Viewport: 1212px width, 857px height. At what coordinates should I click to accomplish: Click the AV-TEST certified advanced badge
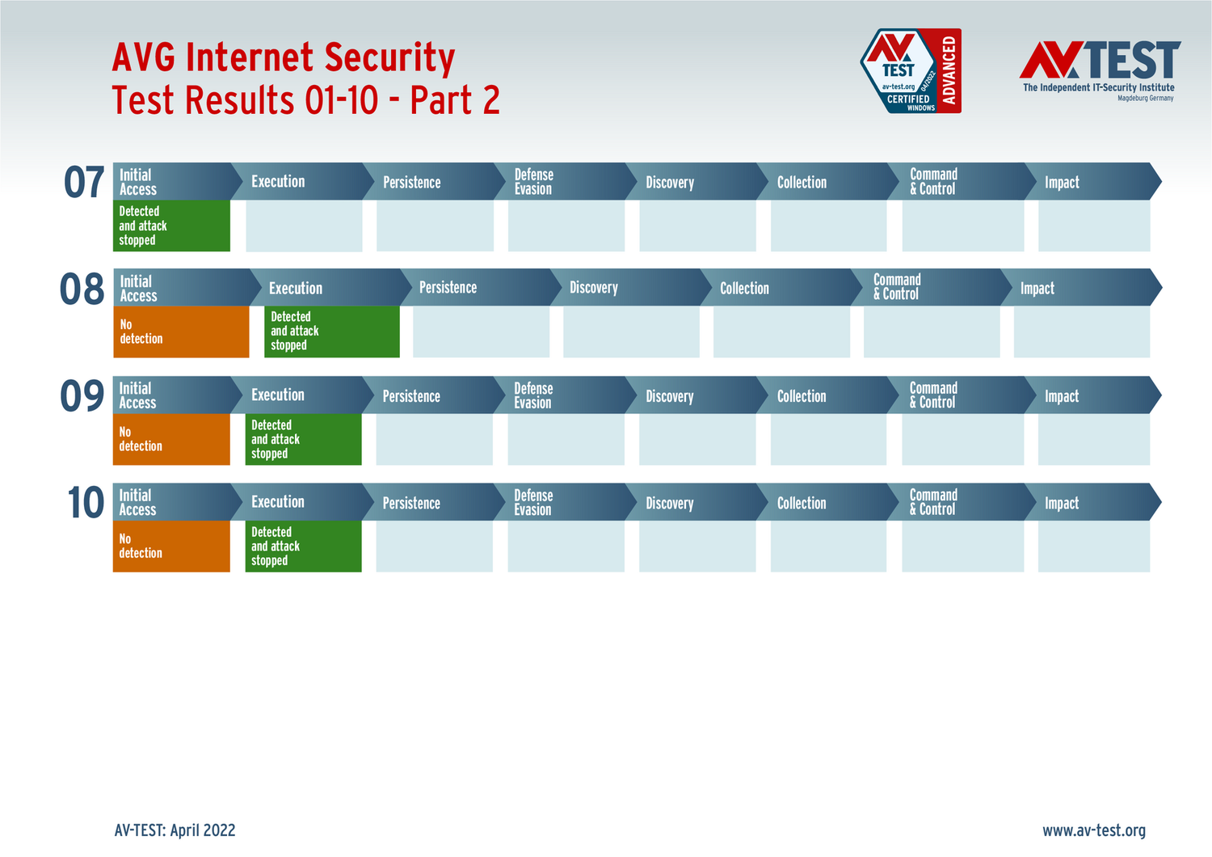tap(911, 71)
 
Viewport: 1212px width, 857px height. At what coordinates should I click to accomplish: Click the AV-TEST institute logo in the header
tap(1100, 71)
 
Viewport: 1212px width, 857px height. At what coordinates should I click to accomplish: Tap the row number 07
tap(84, 182)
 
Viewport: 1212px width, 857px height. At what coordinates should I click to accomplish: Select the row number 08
tap(82, 289)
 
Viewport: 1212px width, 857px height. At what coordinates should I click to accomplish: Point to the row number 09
tap(82, 395)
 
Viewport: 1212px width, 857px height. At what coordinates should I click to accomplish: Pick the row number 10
tap(86, 502)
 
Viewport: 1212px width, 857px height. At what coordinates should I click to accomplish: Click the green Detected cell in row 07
tap(171, 226)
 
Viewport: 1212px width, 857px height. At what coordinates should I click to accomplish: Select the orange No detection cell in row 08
tap(181, 331)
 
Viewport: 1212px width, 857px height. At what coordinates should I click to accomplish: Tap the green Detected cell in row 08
tap(331, 331)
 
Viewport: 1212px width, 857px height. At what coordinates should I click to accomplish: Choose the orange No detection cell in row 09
tap(171, 439)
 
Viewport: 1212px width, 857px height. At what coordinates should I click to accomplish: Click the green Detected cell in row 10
tap(304, 547)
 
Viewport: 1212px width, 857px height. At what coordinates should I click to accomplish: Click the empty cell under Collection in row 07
tap(828, 226)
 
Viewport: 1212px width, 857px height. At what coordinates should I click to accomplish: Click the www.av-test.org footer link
tap(1094, 830)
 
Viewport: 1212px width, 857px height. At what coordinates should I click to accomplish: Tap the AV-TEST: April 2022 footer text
tap(175, 830)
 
